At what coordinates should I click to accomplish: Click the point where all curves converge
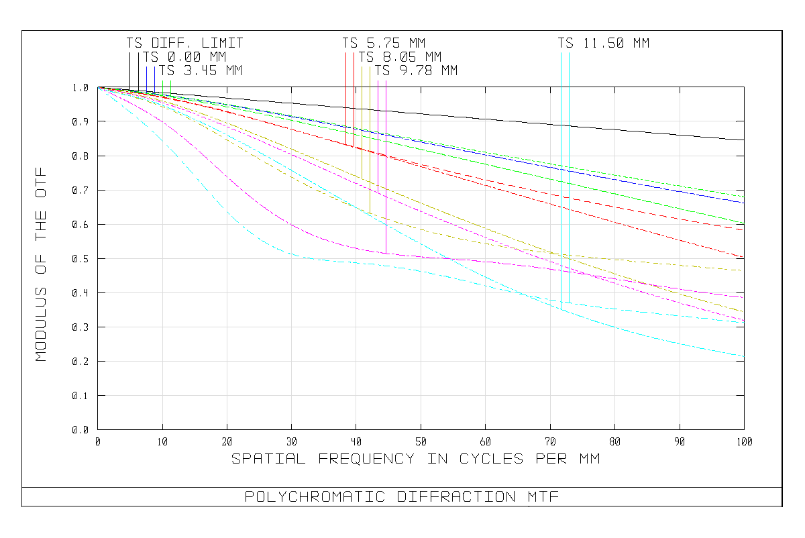(99, 88)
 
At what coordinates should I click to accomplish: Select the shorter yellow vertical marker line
(362, 121)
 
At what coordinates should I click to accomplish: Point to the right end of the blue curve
(744, 203)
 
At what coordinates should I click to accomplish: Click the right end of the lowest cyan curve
(744, 356)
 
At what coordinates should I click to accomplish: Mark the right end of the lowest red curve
(743, 257)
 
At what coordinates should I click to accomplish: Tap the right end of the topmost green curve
(744, 197)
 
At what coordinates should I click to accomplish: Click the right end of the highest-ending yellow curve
(741, 270)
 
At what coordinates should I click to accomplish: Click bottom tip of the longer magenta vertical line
(386, 253)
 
